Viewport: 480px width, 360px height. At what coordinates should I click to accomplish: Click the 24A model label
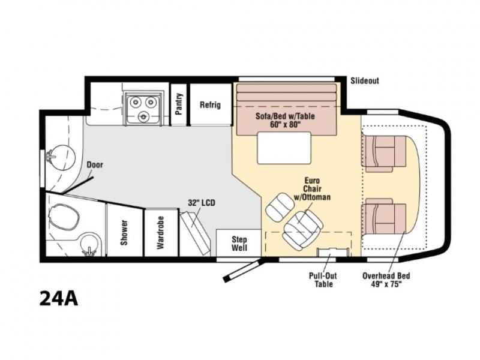pyautogui.click(x=58, y=298)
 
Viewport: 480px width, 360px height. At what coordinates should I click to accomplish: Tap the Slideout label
pyautogui.click(x=365, y=81)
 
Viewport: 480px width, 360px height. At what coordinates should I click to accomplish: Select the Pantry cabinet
pyautogui.click(x=179, y=104)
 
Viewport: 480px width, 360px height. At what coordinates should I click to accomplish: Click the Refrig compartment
pyautogui.click(x=211, y=104)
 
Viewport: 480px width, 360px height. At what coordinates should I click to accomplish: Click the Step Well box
pyautogui.click(x=239, y=243)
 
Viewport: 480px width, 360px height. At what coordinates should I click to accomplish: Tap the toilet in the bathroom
pyautogui.click(x=64, y=217)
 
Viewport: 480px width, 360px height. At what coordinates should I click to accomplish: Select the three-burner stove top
pyautogui.click(x=143, y=109)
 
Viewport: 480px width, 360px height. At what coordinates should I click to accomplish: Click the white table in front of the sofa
pyautogui.click(x=284, y=148)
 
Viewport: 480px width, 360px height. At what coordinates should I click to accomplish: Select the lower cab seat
pyautogui.click(x=385, y=217)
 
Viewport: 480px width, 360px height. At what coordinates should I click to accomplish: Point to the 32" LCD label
pyautogui.click(x=202, y=202)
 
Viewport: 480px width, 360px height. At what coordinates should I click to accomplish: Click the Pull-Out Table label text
pyautogui.click(x=323, y=280)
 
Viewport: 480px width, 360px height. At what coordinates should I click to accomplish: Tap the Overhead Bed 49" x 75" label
pyautogui.click(x=386, y=280)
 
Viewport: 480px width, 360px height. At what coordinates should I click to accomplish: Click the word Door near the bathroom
pyautogui.click(x=95, y=164)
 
